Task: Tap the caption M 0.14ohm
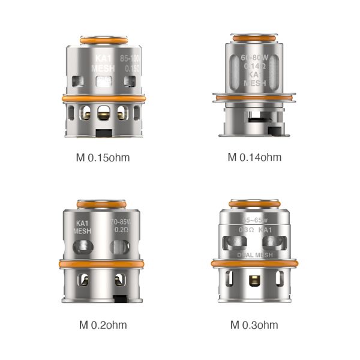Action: [x=254, y=158]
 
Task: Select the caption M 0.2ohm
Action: [x=103, y=325]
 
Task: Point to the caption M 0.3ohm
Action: [x=254, y=325]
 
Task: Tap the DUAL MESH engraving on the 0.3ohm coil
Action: [x=254, y=254]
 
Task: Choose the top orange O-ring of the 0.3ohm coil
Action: [x=254, y=202]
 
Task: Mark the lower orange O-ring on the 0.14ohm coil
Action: [x=254, y=96]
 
